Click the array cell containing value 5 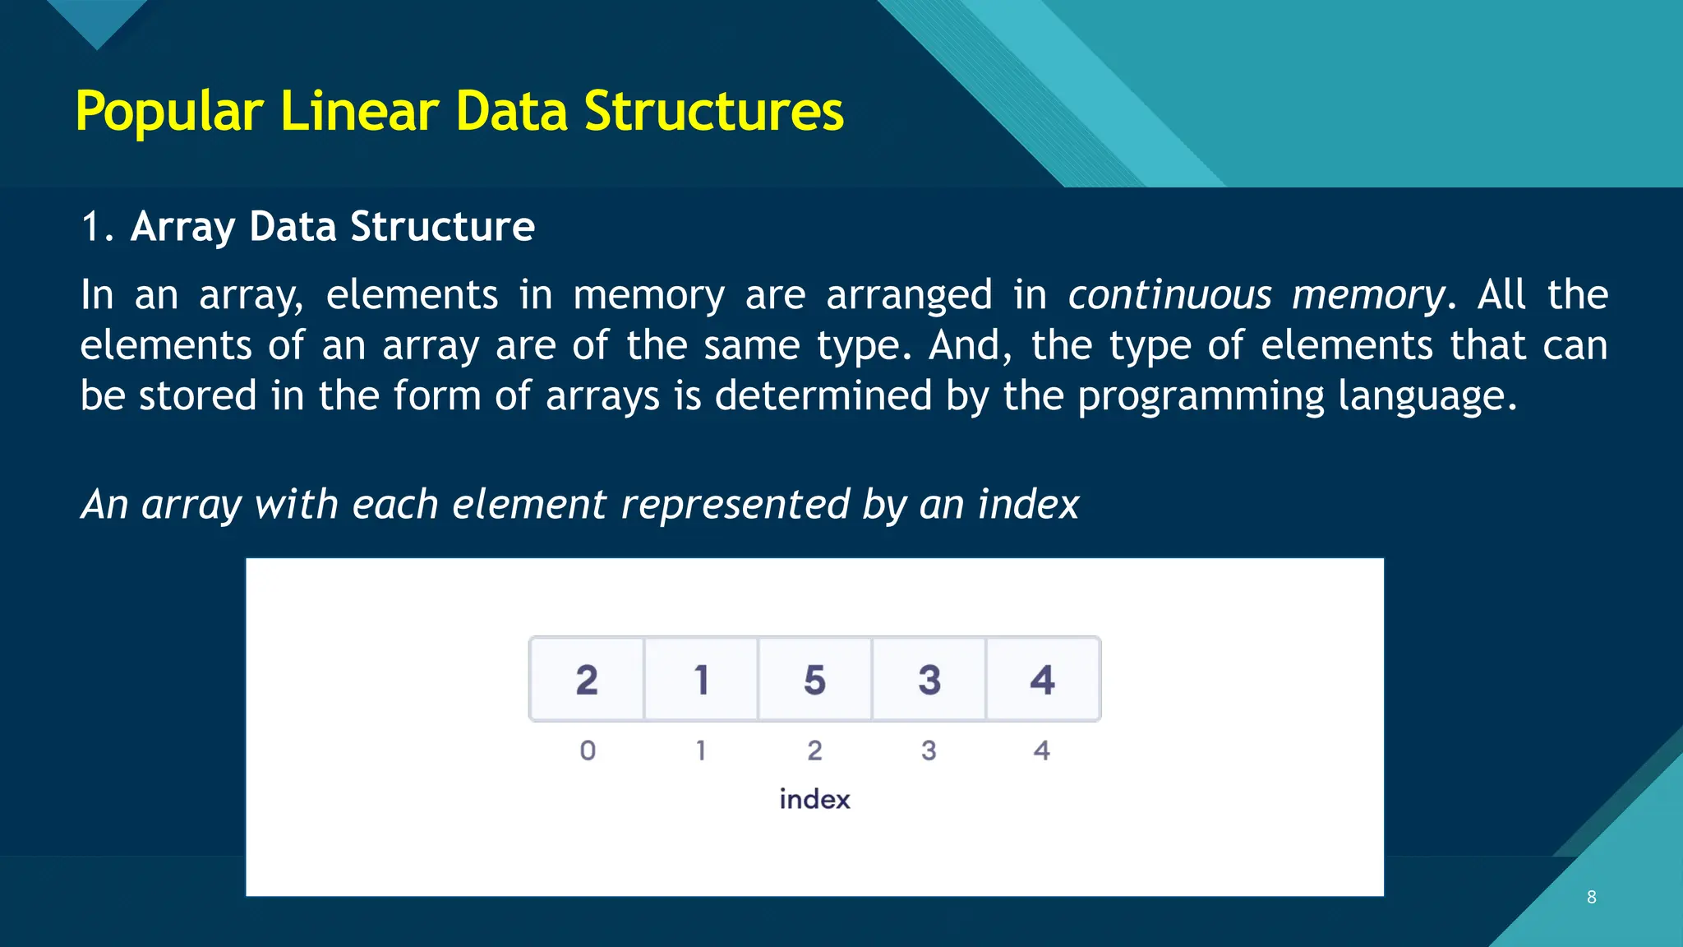pos(814,680)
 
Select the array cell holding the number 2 pos(587,680)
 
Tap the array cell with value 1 pos(701,680)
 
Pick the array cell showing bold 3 pos(929,680)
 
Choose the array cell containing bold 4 pos(1042,680)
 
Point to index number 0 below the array pos(588,751)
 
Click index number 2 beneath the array pos(814,751)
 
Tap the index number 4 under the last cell pos(1041,751)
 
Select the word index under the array pos(814,799)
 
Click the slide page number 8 pos(1592,897)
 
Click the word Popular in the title pos(169,112)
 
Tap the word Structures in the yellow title pos(713,112)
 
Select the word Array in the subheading pos(182,227)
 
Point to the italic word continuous pos(1169,295)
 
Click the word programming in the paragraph pos(1201,397)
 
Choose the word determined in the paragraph pos(823,395)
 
